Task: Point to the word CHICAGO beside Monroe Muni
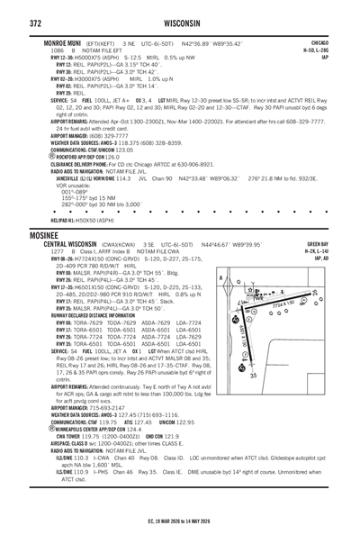[x=319, y=41]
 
